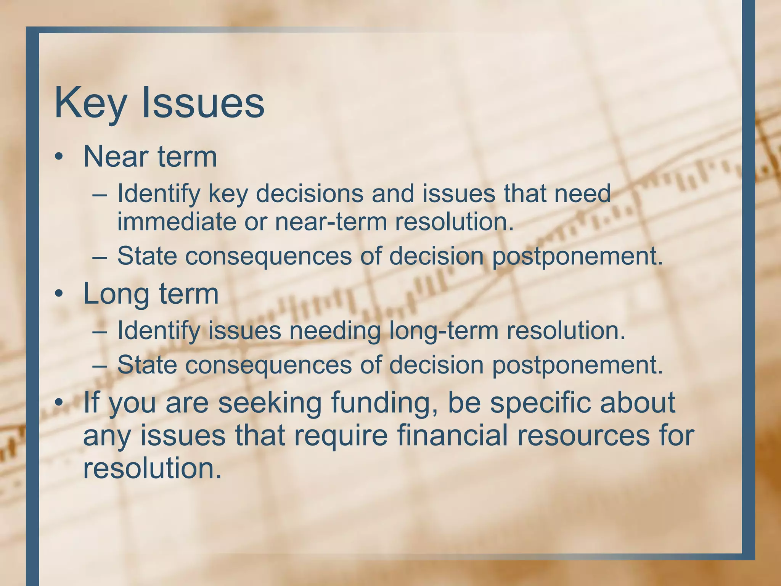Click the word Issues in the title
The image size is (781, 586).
pos(203,103)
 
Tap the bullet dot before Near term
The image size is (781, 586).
pos(58,157)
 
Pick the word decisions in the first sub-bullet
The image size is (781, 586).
pos(309,194)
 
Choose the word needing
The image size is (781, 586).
pos(335,331)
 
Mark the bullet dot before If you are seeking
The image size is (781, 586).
pos(58,403)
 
